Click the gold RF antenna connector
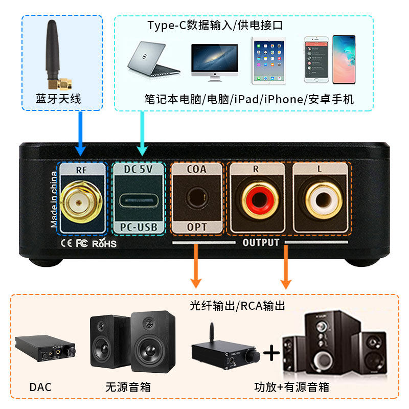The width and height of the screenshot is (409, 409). click(78, 202)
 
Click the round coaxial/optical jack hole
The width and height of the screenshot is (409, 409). click(196, 198)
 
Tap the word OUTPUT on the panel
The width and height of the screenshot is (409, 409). click(261, 242)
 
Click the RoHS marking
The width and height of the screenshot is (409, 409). click(104, 243)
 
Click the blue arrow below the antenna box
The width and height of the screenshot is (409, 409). click(80, 134)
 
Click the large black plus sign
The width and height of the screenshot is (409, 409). click(273, 353)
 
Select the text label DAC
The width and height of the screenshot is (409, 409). click(41, 387)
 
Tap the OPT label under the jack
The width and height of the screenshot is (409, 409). click(196, 228)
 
